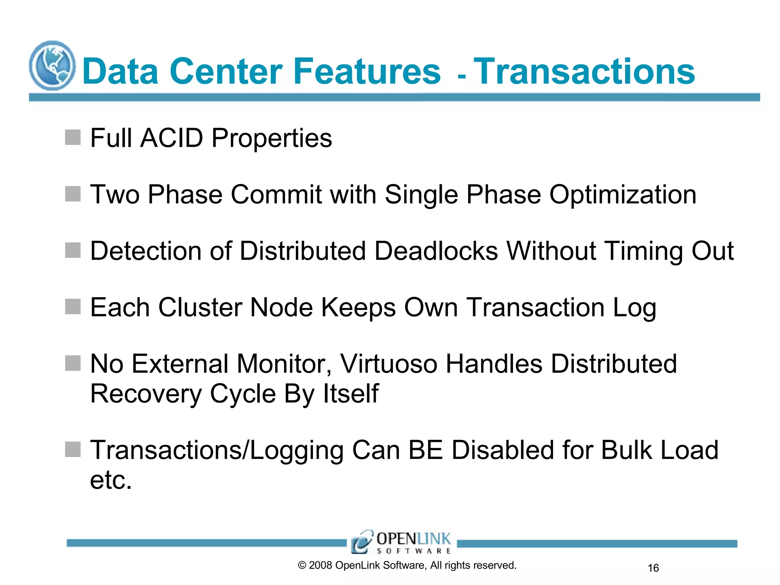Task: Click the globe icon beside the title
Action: tap(52, 66)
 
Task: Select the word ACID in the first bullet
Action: tap(172, 138)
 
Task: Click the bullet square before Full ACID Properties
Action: tap(73, 137)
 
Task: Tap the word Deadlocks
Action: tap(436, 251)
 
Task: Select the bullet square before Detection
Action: tap(73, 250)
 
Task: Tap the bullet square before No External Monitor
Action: tap(73, 363)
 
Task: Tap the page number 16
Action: tap(653, 568)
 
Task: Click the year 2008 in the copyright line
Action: tap(320, 566)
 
